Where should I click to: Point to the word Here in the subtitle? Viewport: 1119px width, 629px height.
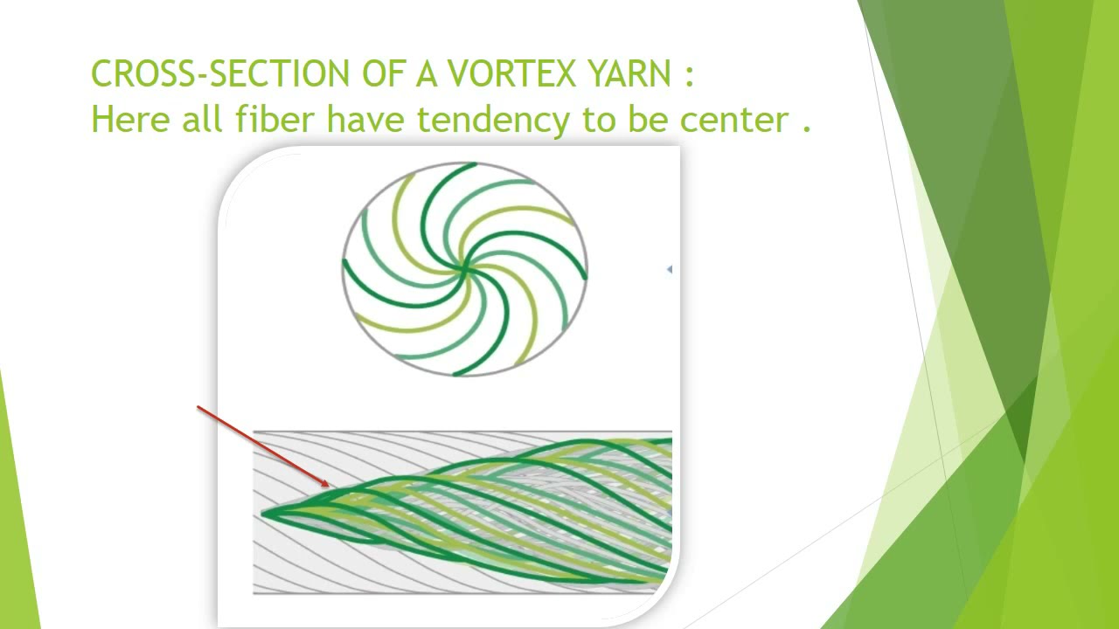pos(132,119)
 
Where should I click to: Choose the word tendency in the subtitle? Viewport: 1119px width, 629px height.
pos(493,121)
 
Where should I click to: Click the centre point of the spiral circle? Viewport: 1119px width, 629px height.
pos(464,269)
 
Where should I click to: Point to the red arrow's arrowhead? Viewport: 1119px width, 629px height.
pos(327,485)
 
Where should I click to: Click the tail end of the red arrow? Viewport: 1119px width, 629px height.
pos(198,407)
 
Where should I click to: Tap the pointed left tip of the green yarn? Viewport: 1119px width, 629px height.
pos(261,513)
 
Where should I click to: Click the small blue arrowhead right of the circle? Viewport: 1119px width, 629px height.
pos(670,270)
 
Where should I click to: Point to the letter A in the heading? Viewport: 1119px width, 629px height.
pos(426,74)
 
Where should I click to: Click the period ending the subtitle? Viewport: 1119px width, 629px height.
pos(806,128)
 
